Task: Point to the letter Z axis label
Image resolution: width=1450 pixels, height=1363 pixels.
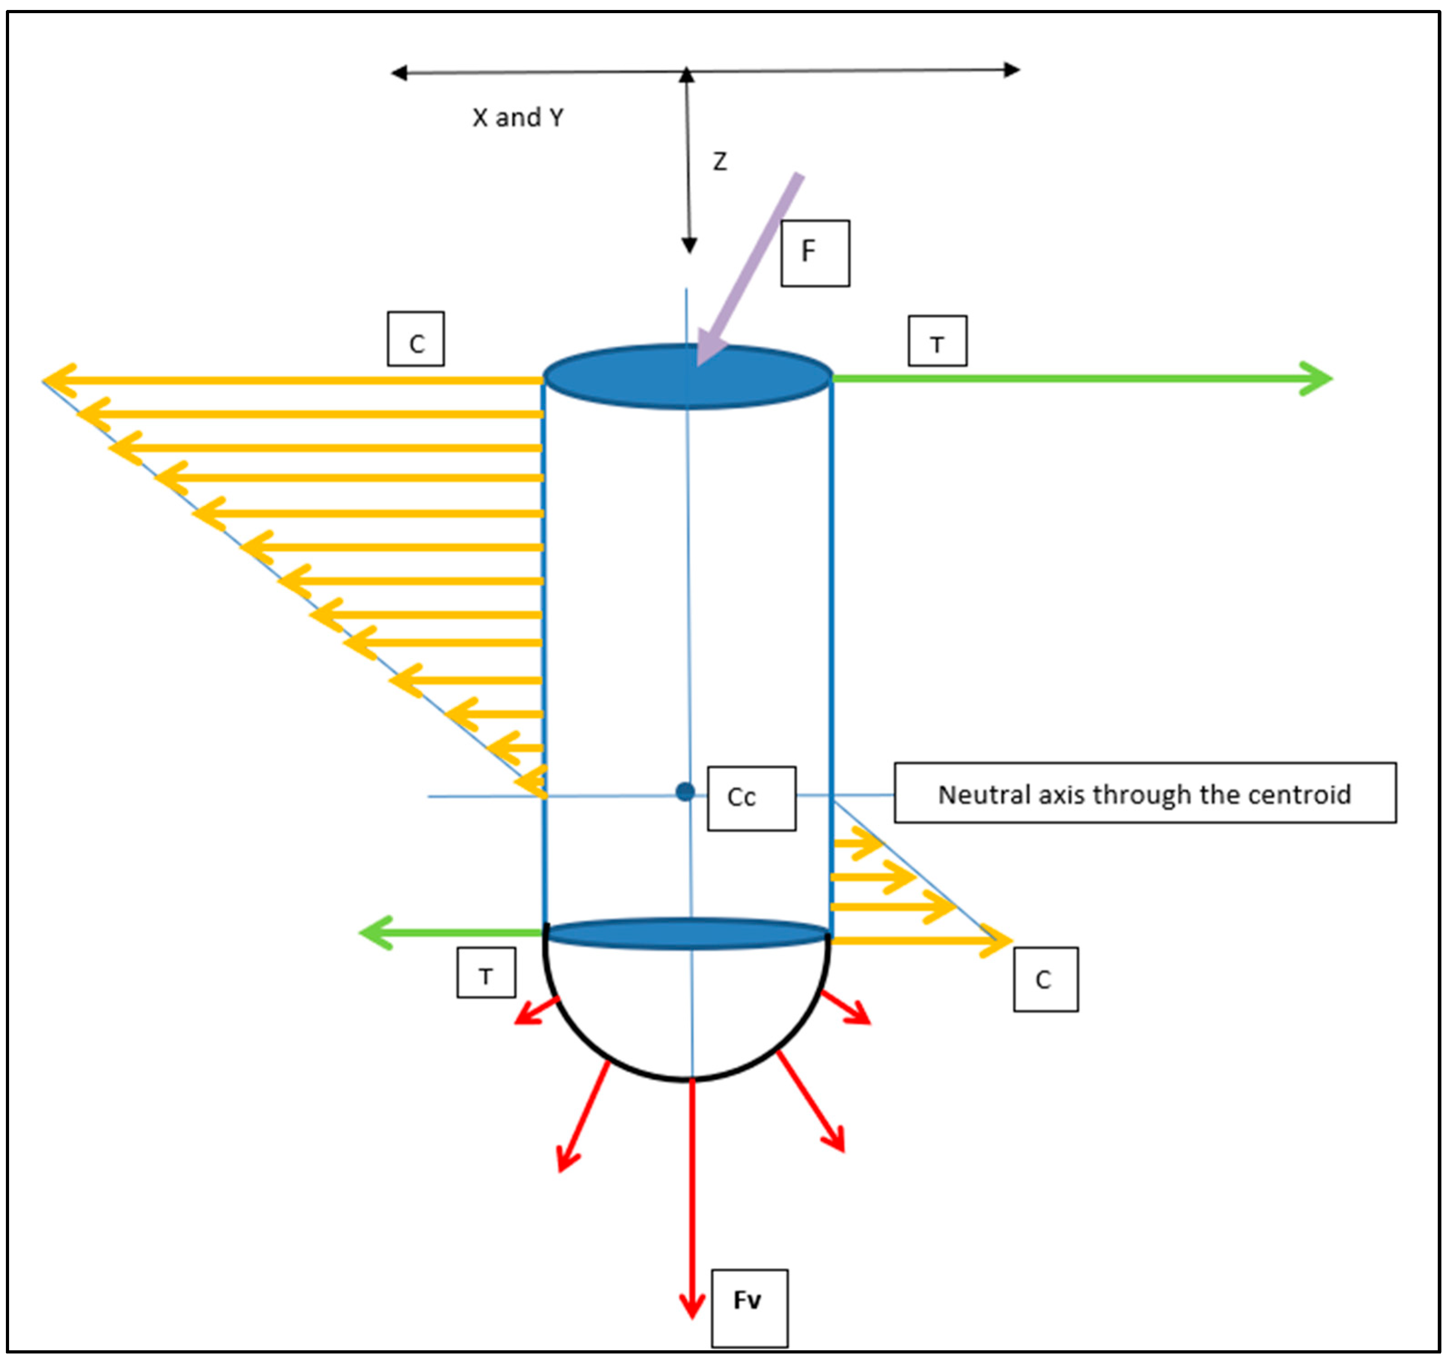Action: tap(719, 161)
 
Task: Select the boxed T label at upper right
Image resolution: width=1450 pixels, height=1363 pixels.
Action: tap(937, 341)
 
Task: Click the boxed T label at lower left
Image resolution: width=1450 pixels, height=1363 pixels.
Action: tap(486, 973)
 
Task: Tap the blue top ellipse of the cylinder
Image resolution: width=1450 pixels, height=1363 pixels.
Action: tap(687, 376)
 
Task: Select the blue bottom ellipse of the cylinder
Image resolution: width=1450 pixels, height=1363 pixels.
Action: tap(687, 934)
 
